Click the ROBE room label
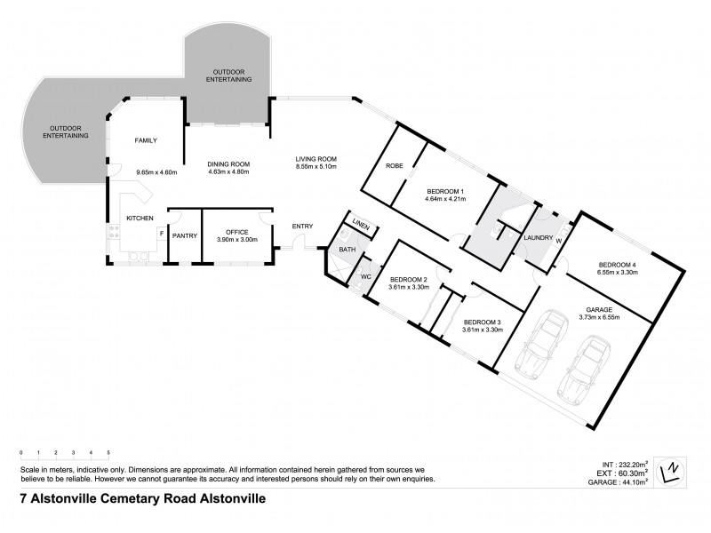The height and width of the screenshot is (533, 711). pos(395,166)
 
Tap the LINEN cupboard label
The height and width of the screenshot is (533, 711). pos(360,225)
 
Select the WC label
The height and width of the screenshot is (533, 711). pos(365,276)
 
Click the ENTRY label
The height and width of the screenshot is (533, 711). pos(302,227)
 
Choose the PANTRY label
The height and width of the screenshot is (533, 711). pos(185,235)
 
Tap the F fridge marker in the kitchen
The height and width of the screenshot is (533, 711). pos(160,235)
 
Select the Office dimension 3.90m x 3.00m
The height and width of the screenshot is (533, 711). pos(236,240)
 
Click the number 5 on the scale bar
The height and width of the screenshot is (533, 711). pos(108,453)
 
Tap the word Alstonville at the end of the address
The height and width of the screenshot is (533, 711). pos(230,499)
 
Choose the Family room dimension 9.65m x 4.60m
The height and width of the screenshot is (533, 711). pos(156,171)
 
